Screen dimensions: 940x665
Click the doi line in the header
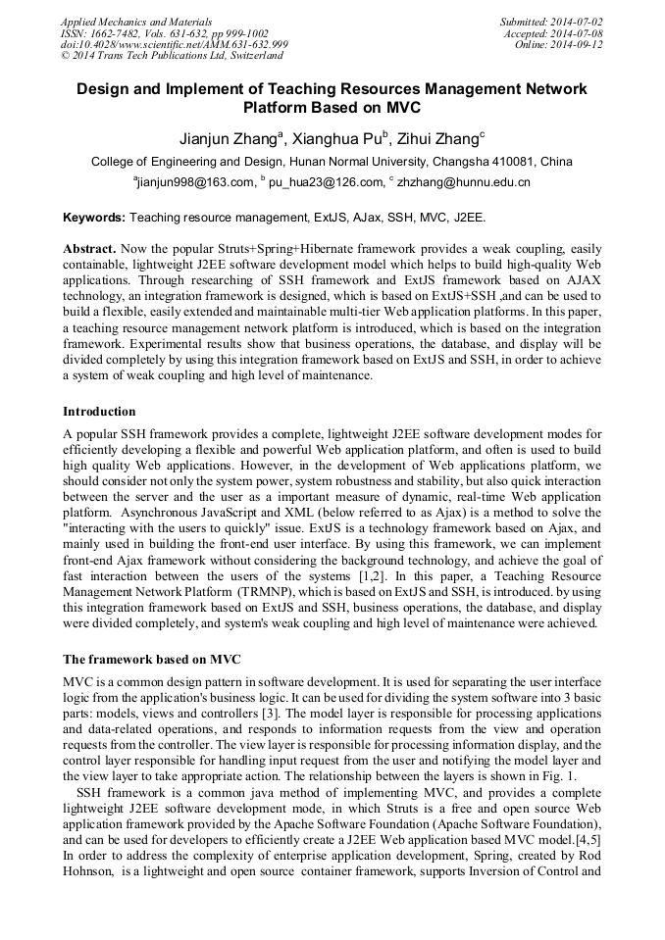175,44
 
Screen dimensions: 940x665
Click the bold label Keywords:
94,217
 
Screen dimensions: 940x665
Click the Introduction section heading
99,411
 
